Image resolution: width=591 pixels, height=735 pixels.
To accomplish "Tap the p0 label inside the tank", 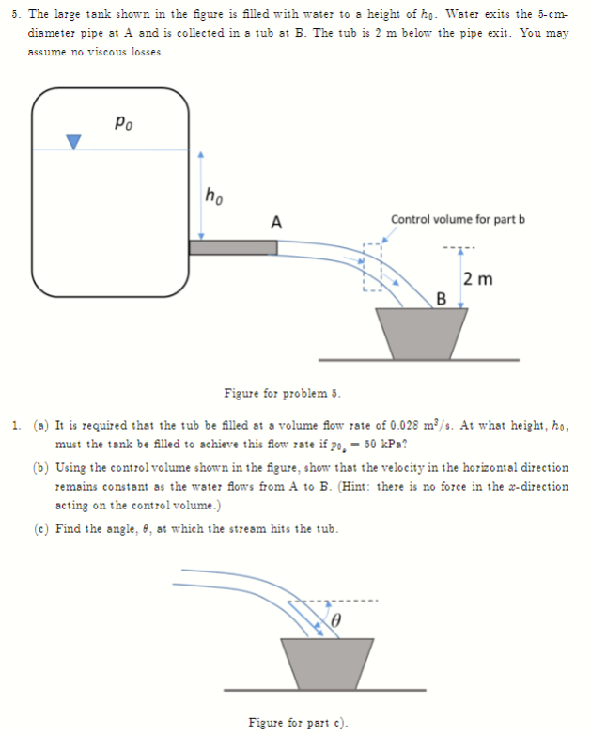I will (120, 121).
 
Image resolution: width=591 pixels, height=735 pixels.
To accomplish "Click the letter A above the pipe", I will (275, 223).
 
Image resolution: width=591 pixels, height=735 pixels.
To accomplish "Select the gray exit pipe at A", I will (233, 247).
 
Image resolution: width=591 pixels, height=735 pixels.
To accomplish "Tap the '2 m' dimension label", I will (478, 279).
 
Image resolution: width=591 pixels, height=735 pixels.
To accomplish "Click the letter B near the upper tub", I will (443, 300).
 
